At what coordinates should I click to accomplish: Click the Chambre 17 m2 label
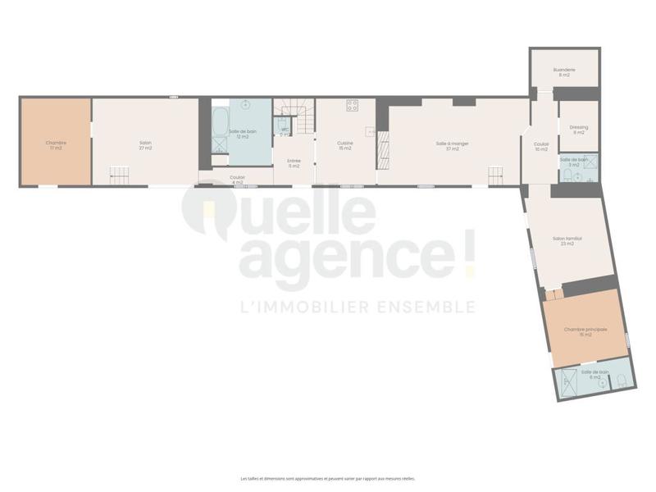tap(56, 144)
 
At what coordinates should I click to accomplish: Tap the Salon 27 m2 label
tap(145, 144)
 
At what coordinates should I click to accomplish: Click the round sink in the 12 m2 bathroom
tap(244, 107)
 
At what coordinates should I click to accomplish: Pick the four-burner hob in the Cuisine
tap(353, 105)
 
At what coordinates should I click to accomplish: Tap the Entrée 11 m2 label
tap(294, 163)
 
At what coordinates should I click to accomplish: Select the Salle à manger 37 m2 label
tap(452, 146)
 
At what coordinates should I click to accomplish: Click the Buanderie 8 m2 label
tap(564, 72)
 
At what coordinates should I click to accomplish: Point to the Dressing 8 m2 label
tap(579, 130)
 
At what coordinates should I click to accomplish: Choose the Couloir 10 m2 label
tap(540, 148)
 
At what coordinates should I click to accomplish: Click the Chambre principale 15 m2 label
tap(585, 331)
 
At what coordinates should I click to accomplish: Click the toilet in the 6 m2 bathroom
tap(621, 380)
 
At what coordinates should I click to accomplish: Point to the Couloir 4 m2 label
tap(237, 179)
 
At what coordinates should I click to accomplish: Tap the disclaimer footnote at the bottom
tap(328, 478)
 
